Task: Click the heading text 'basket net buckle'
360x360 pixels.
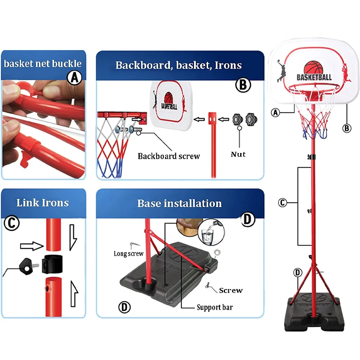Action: [x=43, y=64]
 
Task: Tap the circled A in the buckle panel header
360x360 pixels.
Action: [x=75, y=77]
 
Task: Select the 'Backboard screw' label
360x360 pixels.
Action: [x=168, y=156]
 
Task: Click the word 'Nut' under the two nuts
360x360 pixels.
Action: [x=238, y=154]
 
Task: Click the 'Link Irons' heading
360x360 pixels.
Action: [x=42, y=202]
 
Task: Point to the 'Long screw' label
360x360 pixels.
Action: [x=129, y=254]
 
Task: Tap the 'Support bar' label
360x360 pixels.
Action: [x=215, y=307]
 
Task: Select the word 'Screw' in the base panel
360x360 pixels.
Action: [x=231, y=290]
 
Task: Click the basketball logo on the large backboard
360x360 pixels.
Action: [x=314, y=68]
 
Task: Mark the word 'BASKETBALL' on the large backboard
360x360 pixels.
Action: [x=314, y=77]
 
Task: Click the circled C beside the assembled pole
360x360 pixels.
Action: [x=283, y=203]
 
